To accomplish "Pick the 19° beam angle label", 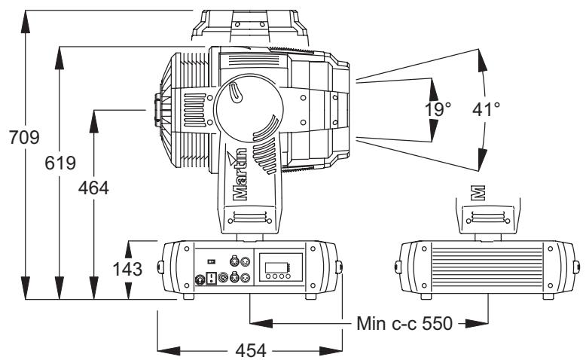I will tap(438, 109).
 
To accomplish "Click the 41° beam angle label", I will tap(486, 109).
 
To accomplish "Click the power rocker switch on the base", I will tap(212, 278).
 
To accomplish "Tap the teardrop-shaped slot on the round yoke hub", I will tap(236, 95).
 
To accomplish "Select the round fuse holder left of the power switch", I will tap(200, 279).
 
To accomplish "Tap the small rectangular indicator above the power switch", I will tap(212, 261).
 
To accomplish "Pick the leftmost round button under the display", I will tap(267, 276).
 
